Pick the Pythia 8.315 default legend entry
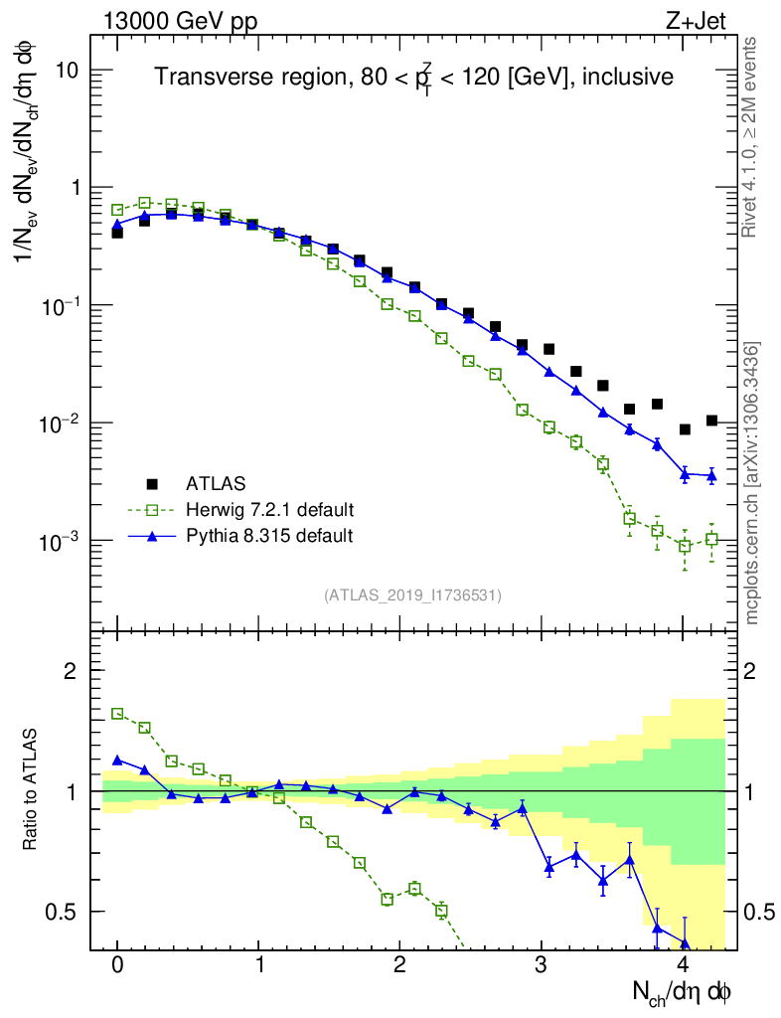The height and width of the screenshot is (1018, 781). (x=269, y=536)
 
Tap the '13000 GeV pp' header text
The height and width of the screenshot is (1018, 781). (x=180, y=19)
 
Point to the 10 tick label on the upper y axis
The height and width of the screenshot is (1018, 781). (x=67, y=71)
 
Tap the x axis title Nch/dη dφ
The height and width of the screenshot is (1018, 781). (x=683, y=992)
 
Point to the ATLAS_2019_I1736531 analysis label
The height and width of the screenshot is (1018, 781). (x=412, y=595)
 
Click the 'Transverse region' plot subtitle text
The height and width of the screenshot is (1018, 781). (x=413, y=78)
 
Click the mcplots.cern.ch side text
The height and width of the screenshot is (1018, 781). (x=753, y=482)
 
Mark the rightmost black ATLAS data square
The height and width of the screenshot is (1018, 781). (x=711, y=421)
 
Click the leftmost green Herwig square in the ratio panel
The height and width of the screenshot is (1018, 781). (x=117, y=714)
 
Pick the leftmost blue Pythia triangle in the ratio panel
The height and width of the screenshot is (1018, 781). (x=117, y=760)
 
